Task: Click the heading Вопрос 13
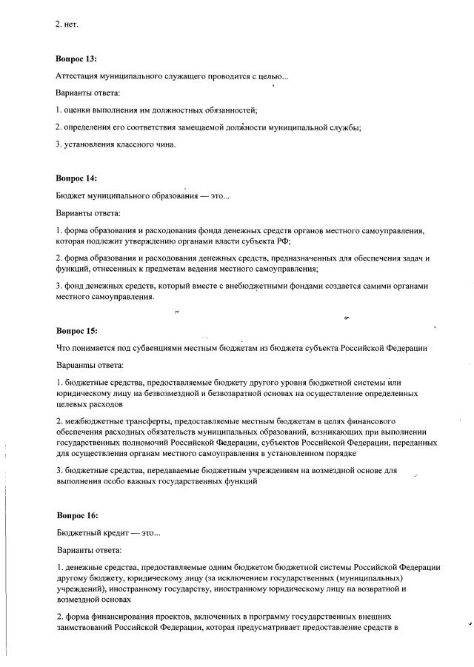(76, 58)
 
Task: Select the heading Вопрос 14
(76, 178)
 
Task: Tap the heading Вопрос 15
(76, 330)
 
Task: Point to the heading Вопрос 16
(76, 515)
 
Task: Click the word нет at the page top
(71, 24)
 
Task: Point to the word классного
(130, 144)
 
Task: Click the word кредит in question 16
(115, 532)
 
